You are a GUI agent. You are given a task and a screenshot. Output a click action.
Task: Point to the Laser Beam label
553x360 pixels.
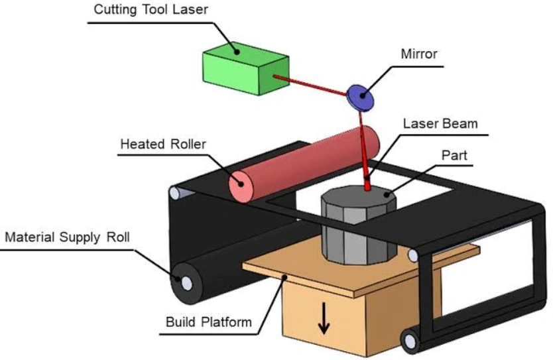tap(440, 123)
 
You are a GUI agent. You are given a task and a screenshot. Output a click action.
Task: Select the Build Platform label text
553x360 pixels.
tap(209, 322)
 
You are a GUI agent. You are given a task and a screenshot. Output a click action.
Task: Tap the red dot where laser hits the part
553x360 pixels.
tap(367, 187)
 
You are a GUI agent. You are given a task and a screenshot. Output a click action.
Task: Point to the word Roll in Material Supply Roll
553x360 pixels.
tap(119, 237)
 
